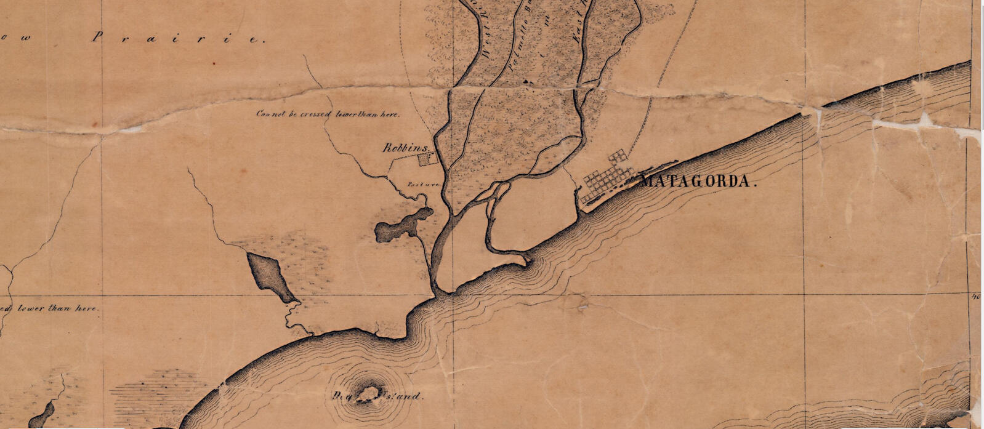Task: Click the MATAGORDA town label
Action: coord(698,182)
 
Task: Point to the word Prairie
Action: coord(178,38)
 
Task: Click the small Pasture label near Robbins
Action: coord(422,184)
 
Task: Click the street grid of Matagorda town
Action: coord(606,179)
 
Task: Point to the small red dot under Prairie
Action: coord(213,63)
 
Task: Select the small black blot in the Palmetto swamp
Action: coord(525,81)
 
